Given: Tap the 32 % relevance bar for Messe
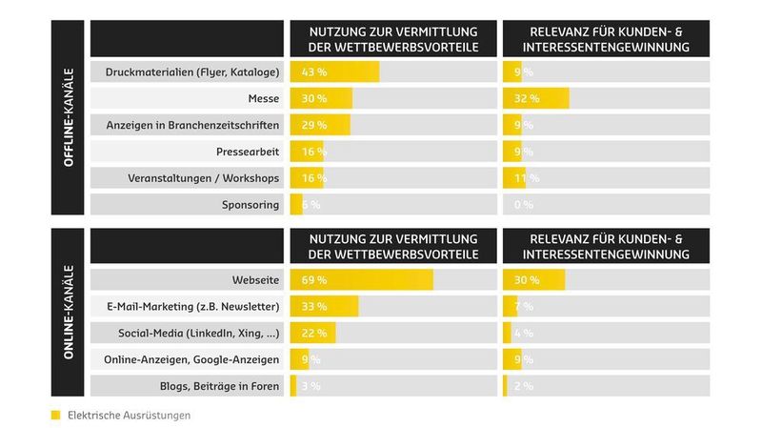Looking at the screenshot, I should (535, 98).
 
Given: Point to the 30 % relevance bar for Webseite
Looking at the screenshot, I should (533, 280).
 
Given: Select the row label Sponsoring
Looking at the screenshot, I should (251, 204).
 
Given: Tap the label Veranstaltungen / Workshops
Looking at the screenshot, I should (203, 178).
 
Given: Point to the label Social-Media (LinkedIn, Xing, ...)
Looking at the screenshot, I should (198, 333).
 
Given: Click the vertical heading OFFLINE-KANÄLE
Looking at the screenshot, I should (70, 119).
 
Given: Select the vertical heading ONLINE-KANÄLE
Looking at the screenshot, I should (70, 313).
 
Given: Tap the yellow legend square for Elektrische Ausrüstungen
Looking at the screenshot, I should (55, 416).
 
